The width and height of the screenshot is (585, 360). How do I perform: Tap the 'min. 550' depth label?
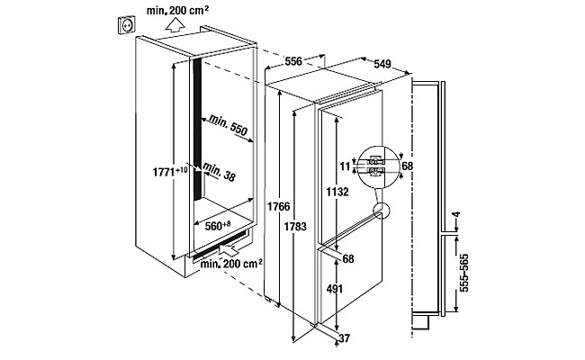[227, 125]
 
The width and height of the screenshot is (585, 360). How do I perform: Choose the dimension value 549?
[382, 64]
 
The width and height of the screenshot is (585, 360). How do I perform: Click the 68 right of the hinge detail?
[408, 167]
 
